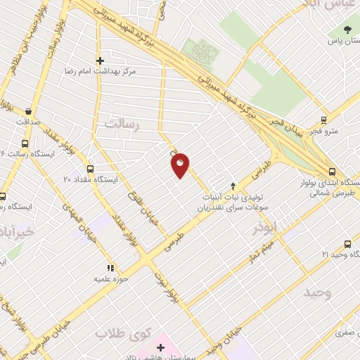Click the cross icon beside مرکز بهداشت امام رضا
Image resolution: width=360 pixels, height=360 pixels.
(100, 60)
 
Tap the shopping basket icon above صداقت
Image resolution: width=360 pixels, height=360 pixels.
(28, 111)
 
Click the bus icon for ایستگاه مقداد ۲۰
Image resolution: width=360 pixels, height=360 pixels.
(89, 169)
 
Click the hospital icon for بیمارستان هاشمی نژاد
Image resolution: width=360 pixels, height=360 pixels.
(161, 347)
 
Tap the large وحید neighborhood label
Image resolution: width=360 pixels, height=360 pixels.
(317, 292)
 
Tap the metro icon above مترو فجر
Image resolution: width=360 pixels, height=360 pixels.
(323, 120)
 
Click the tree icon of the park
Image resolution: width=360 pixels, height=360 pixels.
(347, 29)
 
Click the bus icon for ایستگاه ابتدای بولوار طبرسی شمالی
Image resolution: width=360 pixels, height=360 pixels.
(332, 171)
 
